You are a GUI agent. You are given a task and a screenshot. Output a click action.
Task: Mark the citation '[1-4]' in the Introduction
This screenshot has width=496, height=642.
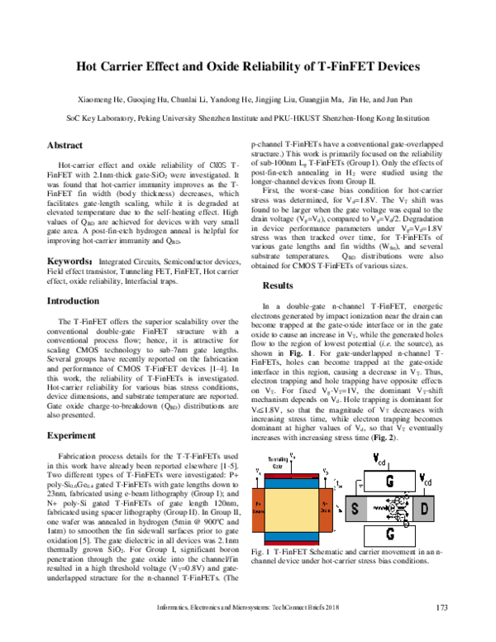pos(203,341)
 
